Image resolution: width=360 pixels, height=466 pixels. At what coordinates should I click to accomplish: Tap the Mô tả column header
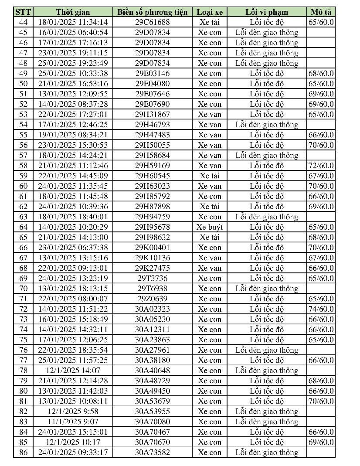click(320, 12)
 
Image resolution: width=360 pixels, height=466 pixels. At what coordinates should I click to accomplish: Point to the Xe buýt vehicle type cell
click(209, 227)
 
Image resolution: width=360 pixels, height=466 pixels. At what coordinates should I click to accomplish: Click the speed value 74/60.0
click(320, 309)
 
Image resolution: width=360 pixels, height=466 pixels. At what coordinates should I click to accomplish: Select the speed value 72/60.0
click(320, 166)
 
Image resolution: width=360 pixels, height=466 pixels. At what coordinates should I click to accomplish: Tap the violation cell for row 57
click(267, 155)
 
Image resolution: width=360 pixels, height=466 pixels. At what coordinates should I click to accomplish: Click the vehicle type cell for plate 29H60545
click(209, 176)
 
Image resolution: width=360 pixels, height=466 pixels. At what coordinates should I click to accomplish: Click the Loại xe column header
click(209, 12)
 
